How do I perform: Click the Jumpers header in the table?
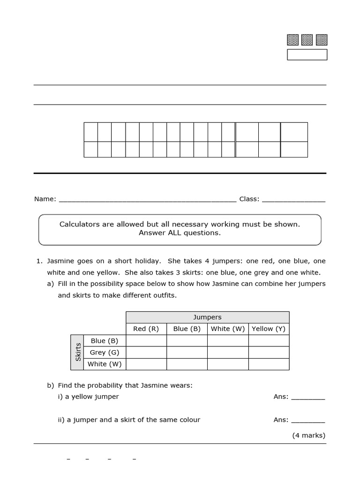207,317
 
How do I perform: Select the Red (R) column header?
146,329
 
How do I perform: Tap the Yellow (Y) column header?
269,329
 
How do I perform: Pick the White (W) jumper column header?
228,329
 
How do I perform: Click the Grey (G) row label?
105,352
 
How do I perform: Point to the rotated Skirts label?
78,352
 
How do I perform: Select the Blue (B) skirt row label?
105,341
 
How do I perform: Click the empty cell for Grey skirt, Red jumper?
146,352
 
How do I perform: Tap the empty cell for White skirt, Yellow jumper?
269,364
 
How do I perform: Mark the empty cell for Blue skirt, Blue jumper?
187,341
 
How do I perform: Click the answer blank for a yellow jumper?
308,397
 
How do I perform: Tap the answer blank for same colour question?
308,420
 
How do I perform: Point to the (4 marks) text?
308,435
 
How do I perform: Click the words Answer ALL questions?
180,233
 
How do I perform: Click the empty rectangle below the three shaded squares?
307,55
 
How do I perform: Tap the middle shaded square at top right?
307,40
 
